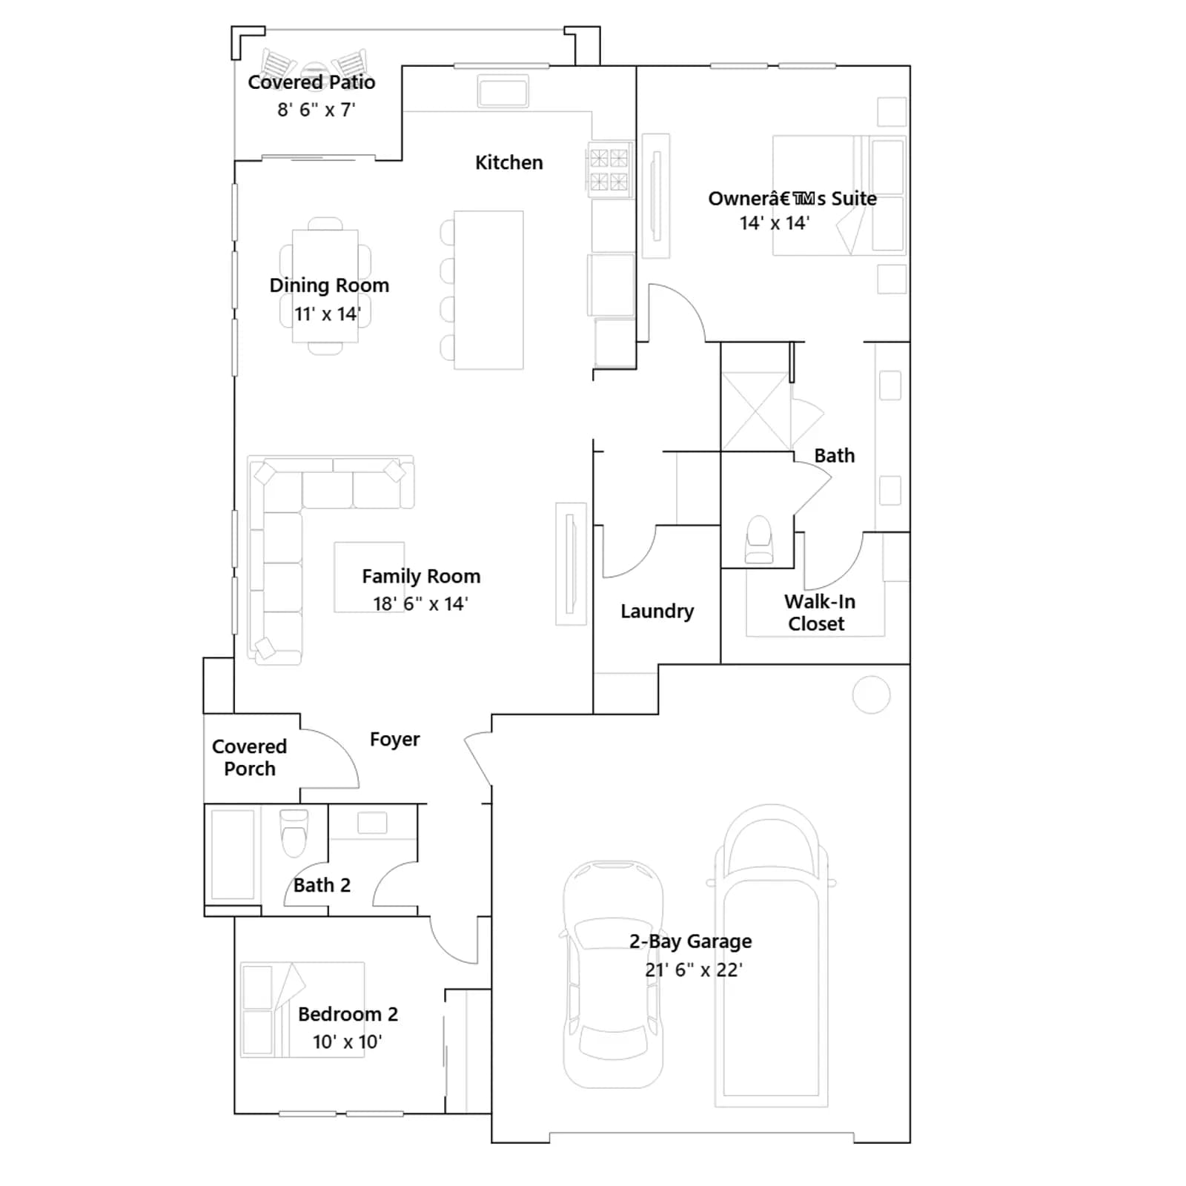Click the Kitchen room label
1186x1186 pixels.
click(508, 162)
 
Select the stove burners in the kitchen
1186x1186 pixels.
click(609, 169)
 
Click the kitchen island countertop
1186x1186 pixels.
click(488, 290)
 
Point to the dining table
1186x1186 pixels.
click(325, 286)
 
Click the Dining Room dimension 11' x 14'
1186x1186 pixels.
click(328, 314)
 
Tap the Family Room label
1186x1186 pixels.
click(421, 576)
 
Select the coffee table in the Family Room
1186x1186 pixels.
click(369, 577)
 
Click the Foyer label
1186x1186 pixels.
click(394, 739)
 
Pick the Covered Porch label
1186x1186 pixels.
click(249, 758)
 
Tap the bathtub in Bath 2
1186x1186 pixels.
click(233, 854)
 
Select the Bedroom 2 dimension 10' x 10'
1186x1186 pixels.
click(347, 1041)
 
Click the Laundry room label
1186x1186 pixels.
click(657, 611)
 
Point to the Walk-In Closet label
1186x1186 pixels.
click(818, 612)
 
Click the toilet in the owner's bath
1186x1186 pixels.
click(759, 540)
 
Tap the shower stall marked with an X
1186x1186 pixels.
click(756, 411)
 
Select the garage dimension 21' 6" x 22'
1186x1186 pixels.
click(694, 970)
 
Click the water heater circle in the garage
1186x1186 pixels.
click(871, 695)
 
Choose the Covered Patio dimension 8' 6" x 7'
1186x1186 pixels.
click(317, 110)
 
